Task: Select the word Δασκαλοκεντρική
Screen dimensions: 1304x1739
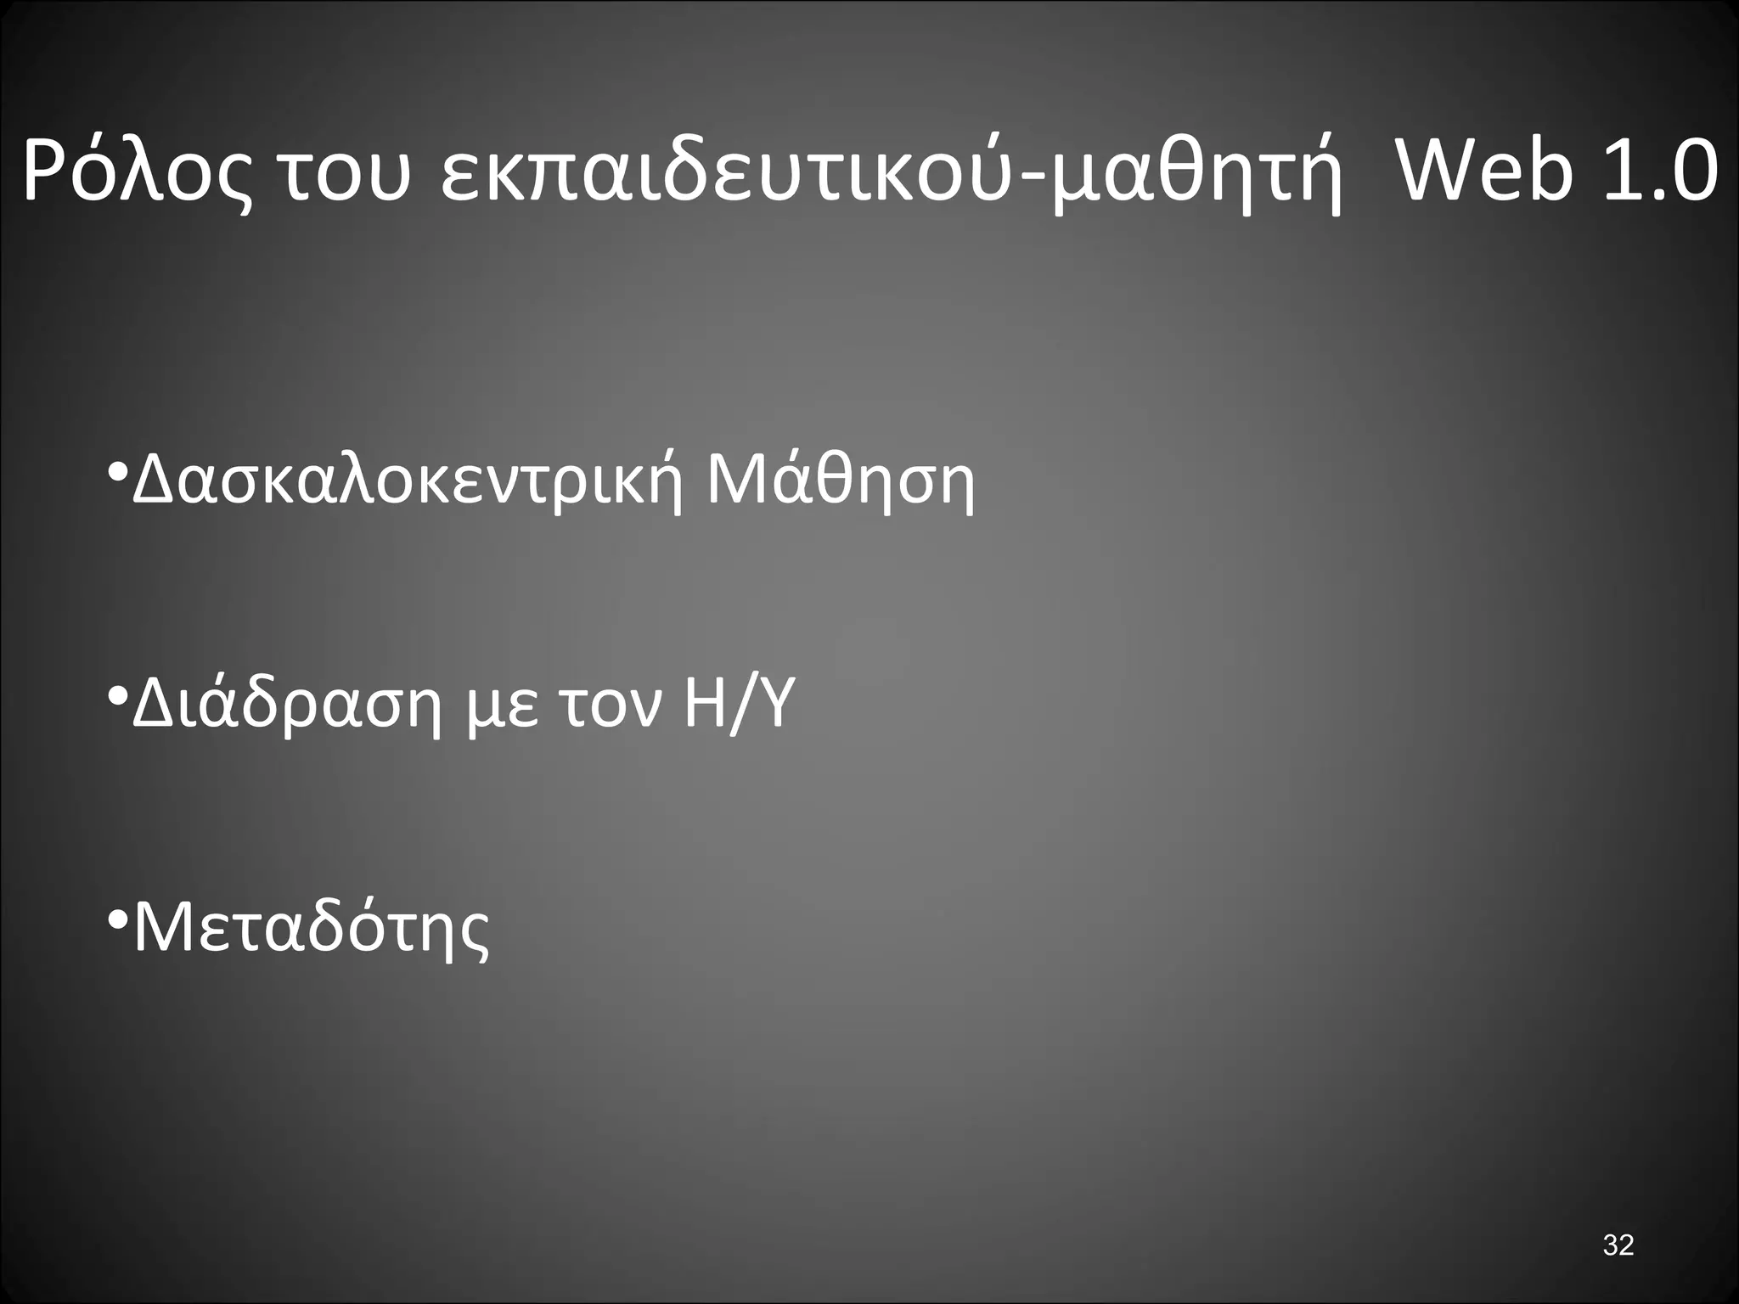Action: pyautogui.click(x=408, y=481)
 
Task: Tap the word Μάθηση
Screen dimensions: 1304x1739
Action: pyautogui.click(x=841, y=481)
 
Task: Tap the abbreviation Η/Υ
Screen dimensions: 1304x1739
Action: pyautogui.click(x=739, y=706)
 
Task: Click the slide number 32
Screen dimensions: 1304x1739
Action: pyautogui.click(x=1618, y=1245)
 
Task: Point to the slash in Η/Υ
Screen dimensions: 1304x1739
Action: pyautogui.click(x=740, y=706)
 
